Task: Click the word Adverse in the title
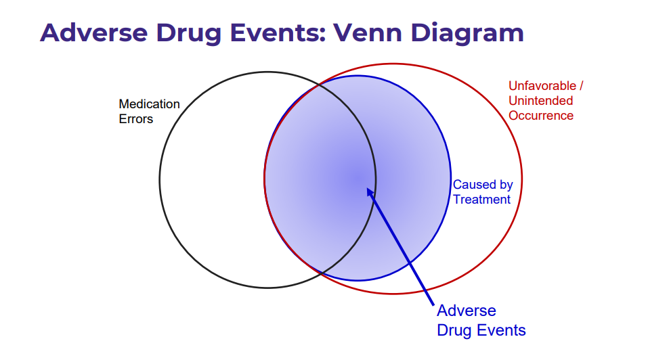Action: click(94, 32)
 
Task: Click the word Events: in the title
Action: click(278, 32)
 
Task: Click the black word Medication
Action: click(149, 104)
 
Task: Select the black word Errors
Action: click(136, 119)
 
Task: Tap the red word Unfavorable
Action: click(542, 86)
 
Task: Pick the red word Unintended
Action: click(540, 101)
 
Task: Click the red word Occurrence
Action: click(541, 116)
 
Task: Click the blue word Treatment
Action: click(482, 200)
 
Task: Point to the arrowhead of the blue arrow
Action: click(367, 188)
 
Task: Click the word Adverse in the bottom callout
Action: click(467, 311)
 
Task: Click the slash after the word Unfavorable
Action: click(581, 86)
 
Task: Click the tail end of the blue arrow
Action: click(433, 305)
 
